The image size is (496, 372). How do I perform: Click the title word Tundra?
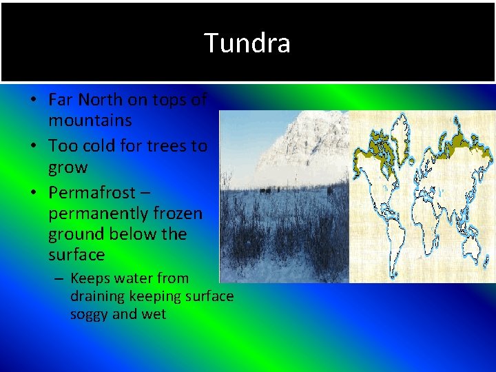pyautogui.click(x=247, y=43)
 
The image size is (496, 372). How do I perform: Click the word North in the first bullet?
pyautogui.click(x=101, y=100)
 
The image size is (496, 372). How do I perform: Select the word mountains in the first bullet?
pyautogui.click(x=90, y=121)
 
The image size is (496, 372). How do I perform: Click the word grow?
pyautogui.click(x=68, y=167)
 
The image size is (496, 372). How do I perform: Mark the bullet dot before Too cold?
pyautogui.click(x=33, y=147)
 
